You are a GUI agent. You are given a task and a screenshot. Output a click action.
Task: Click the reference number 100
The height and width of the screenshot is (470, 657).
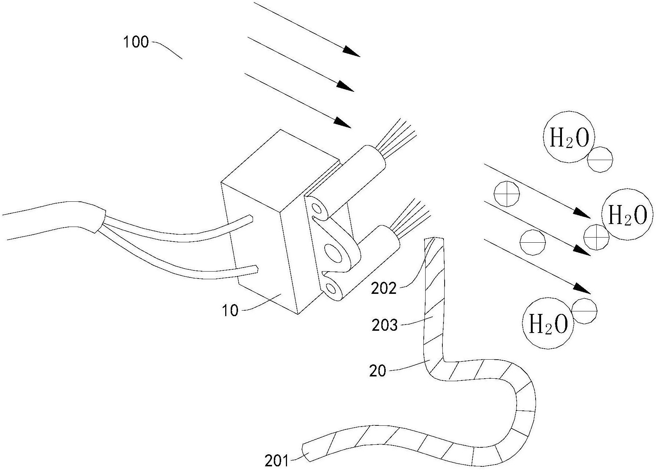[x=136, y=42]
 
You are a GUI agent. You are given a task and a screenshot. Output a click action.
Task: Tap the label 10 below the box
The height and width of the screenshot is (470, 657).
[x=230, y=311]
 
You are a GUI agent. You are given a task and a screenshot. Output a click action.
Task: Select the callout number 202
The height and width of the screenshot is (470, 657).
[x=384, y=289]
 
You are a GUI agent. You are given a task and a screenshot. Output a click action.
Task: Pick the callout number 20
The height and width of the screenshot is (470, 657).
[x=378, y=371]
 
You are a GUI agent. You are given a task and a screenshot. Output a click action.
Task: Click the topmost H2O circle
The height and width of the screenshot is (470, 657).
[x=569, y=137]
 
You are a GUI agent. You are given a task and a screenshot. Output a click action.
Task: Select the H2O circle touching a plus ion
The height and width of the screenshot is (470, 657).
[x=627, y=215]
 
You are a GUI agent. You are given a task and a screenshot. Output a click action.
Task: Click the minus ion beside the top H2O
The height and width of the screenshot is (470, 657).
[x=600, y=160]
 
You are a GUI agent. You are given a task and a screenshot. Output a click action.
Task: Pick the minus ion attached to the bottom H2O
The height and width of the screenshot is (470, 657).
[x=584, y=311]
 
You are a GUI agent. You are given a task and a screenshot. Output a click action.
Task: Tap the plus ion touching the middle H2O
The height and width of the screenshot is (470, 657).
[x=596, y=237]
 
